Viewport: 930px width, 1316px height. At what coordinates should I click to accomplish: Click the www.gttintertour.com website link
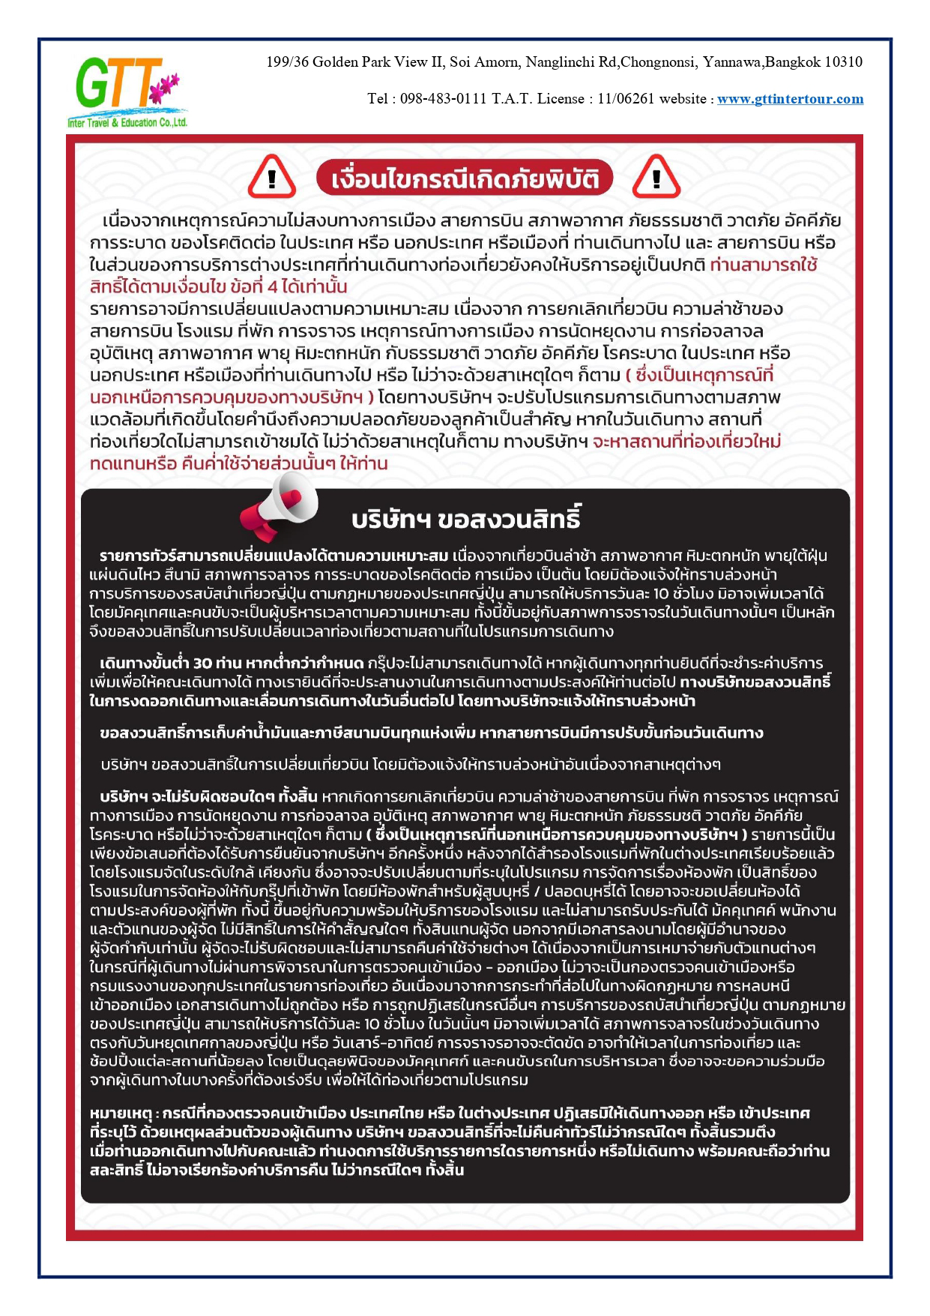[790, 99]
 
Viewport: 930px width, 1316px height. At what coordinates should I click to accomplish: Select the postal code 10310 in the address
[843, 62]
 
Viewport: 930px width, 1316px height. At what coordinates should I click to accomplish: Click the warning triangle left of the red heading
[271, 178]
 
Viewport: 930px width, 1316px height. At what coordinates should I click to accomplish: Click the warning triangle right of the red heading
[656, 178]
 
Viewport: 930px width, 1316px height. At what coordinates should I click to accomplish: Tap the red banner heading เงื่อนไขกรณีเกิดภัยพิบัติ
[464, 179]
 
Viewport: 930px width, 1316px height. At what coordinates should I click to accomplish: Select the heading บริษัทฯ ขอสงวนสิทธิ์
[465, 520]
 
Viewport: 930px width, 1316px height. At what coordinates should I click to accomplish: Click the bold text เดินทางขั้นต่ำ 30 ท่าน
[170, 664]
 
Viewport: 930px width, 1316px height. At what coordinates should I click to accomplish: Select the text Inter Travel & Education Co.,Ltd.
[127, 123]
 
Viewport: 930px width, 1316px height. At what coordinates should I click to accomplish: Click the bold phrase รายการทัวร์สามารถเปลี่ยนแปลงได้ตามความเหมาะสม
[274, 556]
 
